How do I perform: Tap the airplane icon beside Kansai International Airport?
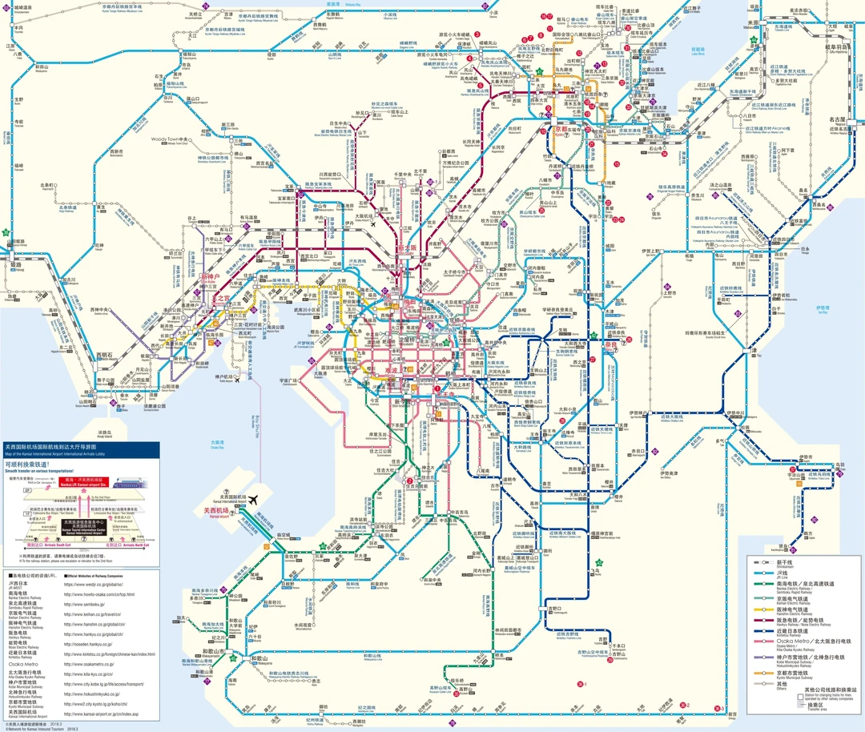[x=254, y=500]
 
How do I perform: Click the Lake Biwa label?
[x=697, y=51]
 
